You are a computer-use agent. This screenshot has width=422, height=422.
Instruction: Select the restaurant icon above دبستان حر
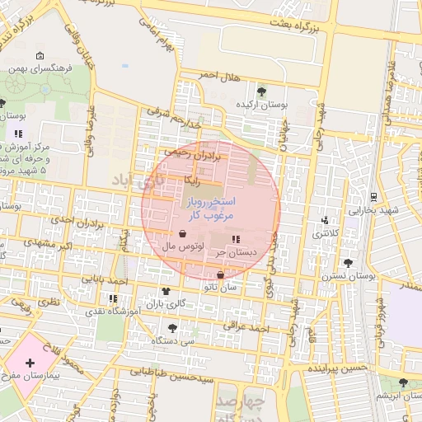coord(237,239)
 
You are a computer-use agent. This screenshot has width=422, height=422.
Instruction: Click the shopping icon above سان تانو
coord(220,275)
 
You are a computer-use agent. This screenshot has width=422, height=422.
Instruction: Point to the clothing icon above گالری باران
coord(166,291)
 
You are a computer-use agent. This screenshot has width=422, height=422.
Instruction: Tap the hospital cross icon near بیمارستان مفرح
coord(30,363)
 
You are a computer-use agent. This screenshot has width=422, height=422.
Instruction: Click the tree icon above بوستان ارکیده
coord(261,91)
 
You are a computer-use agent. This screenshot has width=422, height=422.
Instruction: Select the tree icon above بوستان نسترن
coord(349,264)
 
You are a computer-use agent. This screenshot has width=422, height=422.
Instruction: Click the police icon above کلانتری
coord(325,220)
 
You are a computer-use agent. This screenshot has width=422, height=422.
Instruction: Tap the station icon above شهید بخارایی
coord(373,196)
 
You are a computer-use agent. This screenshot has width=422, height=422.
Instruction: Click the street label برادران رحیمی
coord(190,152)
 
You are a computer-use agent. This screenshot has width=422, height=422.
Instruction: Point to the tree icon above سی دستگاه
coord(172,328)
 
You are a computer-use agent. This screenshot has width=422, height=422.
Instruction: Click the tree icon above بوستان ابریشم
coord(403,382)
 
